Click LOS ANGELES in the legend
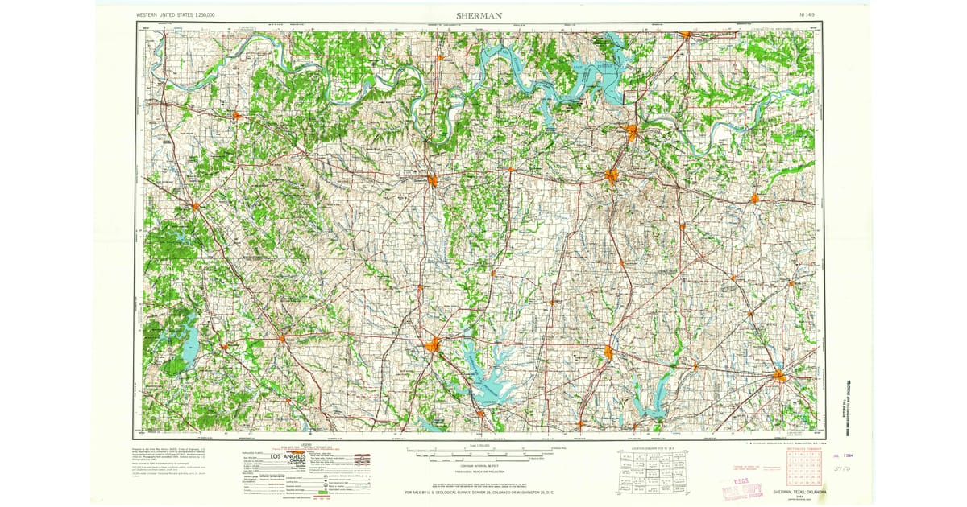coord(288,457)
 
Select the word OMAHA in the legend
coord(299,461)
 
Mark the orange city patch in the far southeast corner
coord(779,375)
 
